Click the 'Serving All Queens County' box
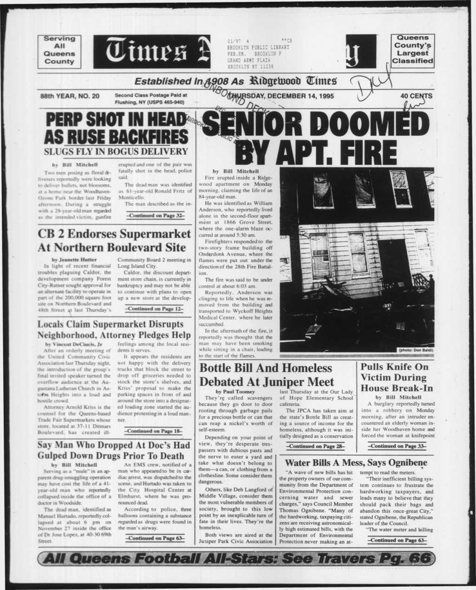(59, 50)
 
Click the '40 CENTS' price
(415, 96)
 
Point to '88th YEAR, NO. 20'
(70, 96)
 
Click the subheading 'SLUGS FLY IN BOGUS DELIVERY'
(116, 151)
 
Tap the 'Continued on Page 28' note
(316, 446)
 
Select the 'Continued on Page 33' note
(397, 446)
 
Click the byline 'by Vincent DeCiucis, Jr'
(73, 344)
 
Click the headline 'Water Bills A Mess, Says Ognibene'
(356, 463)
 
